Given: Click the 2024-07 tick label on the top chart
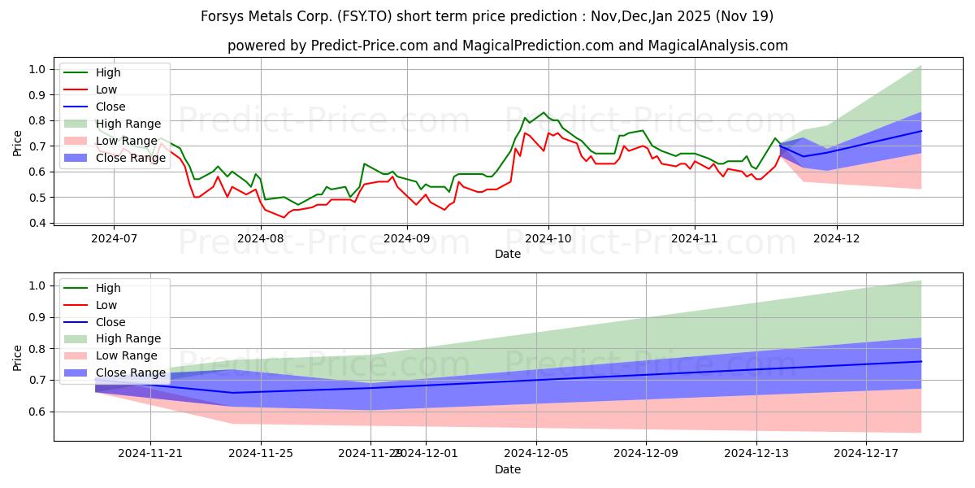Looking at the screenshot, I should pos(113,238).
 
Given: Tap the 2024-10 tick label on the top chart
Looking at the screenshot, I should pos(548,238).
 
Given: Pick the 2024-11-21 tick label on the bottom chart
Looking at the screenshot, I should pos(150,454).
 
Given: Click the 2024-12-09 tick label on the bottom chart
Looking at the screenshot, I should pos(646,454).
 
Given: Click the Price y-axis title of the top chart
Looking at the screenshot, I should pos(18,144).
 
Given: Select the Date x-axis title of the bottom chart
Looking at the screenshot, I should pos(508,469).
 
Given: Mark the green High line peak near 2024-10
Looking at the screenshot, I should pos(544,113).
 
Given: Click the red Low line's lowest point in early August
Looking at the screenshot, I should pos(284,217).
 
